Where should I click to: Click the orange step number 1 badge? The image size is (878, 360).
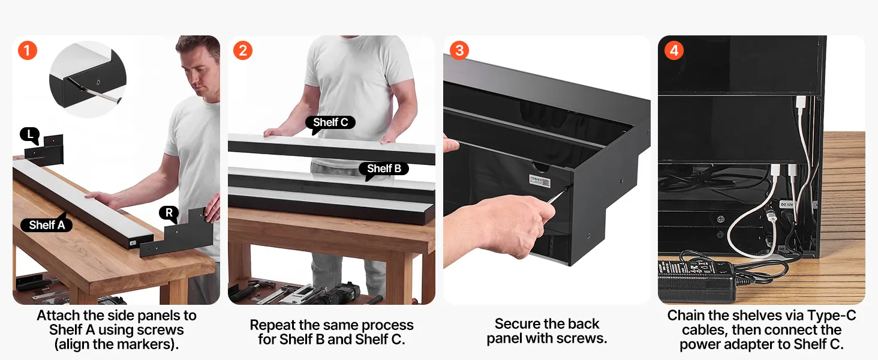[x=28, y=50]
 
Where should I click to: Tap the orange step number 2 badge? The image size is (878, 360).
[x=243, y=50]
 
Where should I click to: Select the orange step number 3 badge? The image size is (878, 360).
[x=459, y=50]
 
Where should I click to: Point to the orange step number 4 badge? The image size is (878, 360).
[x=674, y=50]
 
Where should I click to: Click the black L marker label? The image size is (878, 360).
[x=30, y=135]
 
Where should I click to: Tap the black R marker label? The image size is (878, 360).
[x=169, y=213]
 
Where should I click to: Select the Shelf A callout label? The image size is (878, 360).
[x=47, y=225]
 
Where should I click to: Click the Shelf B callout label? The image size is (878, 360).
[x=384, y=169]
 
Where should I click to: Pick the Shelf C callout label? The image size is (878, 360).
[x=330, y=122]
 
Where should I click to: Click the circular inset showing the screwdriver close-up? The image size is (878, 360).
[x=88, y=79]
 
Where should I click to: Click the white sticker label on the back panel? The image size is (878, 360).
[x=540, y=181]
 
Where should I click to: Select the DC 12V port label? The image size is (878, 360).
[x=786, y=205]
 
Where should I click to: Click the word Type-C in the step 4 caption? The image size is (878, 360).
[x=833, y=315]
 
